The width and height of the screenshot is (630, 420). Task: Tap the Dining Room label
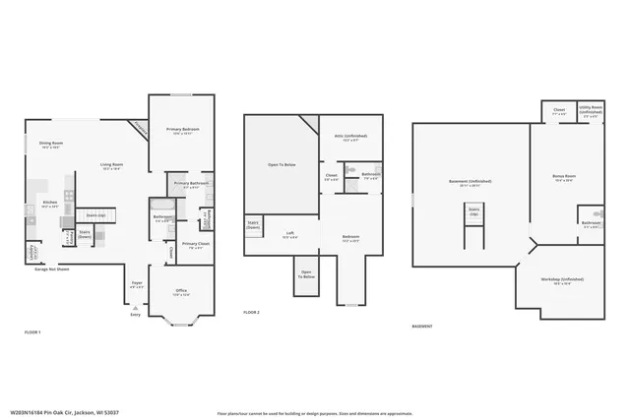50,144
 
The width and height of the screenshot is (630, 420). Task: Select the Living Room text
110,164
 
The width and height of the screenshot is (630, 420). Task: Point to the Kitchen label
49,202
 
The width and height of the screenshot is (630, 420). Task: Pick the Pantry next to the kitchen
68,237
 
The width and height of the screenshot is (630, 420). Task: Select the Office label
181,290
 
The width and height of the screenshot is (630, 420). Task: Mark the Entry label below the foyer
135,314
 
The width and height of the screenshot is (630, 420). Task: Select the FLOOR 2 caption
251,313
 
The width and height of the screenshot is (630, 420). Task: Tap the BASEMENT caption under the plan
421,326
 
